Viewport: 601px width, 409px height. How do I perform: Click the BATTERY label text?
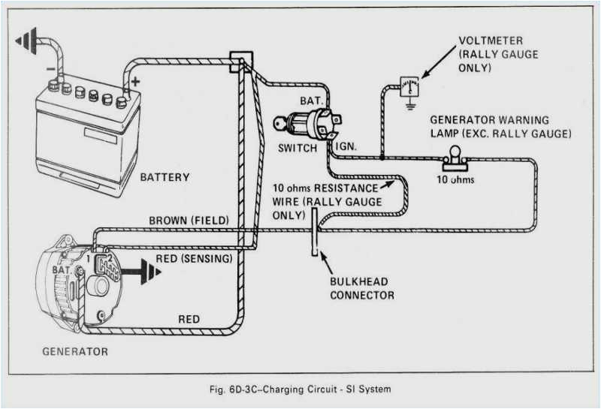pyautogui.click(x=165, y=178)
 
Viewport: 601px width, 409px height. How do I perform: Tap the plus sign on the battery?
pyautogui.click(x=135, y=80)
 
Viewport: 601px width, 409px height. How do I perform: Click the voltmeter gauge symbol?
pyautogui.click(x=409, y=86)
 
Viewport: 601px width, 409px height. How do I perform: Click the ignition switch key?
pyautogui.click(x=280, y=123)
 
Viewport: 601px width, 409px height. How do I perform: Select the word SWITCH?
pyautogui.click(x=297, y=148)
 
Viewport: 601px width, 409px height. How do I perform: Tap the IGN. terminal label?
pyautogui.click(x=346, y=147)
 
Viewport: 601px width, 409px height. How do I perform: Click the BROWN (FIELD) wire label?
pyautogui.click(x=189, y=220)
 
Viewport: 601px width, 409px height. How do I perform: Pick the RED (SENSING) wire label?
pyautogui.click(x=193, y=258)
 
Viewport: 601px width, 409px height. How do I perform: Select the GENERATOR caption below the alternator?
pyautogui.click(x=74, y=351)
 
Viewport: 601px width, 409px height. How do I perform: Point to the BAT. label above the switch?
pyautogui.click(x=311, y=100)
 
